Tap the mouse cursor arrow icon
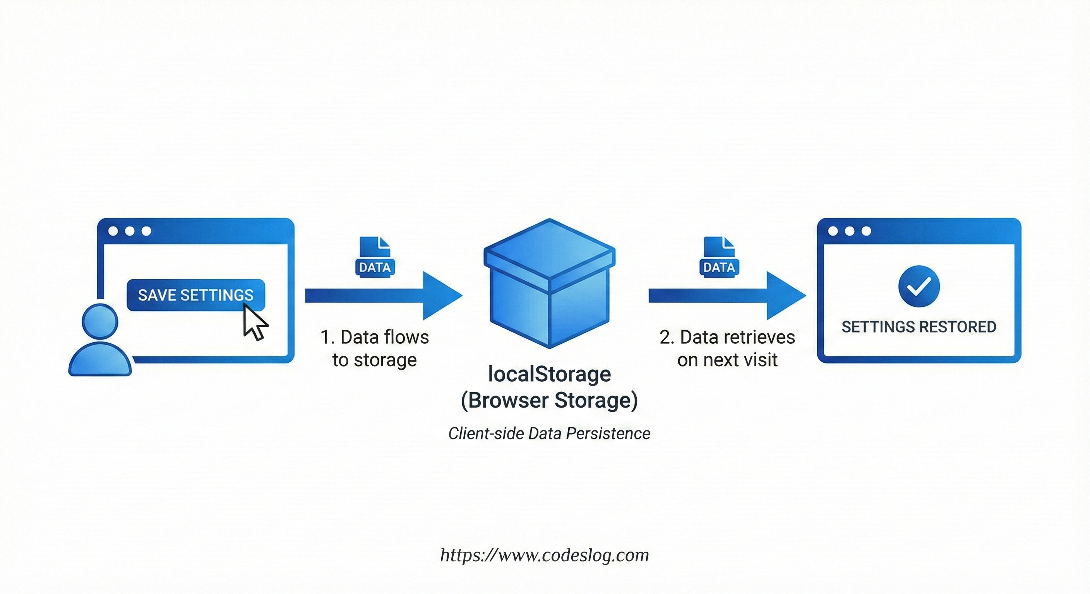(x=255, y=323)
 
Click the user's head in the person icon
(x=100, y=322)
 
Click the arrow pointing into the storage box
(x=383, y=295)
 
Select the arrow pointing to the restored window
(x=727, y=295)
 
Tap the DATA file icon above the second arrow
(x=719, y=257)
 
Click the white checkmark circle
(x=919, y=286)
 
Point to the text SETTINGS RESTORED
(x=919, y=327)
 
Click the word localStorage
(x=549, y=374)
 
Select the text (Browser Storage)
(x=549, y=400)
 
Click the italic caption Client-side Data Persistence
(x=549, y=434)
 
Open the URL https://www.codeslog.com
(x=545, y=555)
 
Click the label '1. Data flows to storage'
(x=374, y=348)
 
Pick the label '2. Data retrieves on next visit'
(x=727, y=348)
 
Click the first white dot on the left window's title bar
(x=113, y=231)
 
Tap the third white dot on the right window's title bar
(x=866, y=231)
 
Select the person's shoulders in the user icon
(x=100, y=362)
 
